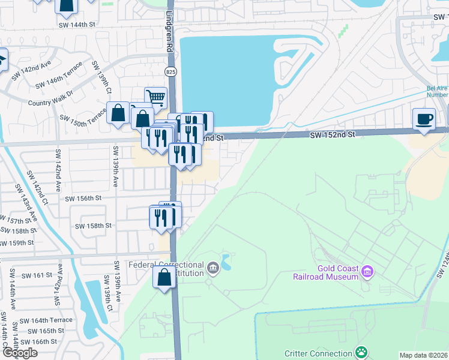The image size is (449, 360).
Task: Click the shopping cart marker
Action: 155,96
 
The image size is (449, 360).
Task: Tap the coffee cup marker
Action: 424,118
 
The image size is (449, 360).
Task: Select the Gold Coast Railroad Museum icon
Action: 369,272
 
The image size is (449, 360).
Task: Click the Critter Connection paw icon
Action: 361,352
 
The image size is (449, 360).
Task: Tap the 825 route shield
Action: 171,71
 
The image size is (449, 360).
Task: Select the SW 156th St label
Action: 83,198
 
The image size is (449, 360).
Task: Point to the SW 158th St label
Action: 93,226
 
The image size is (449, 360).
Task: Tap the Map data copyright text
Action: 424,355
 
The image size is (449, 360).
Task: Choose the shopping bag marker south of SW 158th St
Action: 164,278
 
